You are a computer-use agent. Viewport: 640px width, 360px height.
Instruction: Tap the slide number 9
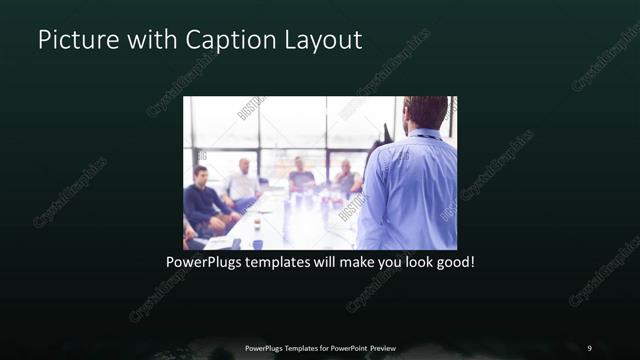[x=589, y=347]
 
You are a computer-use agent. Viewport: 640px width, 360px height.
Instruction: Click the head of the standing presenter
[x=427, y=112]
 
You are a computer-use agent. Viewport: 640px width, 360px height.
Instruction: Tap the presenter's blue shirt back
[x=410, y=190]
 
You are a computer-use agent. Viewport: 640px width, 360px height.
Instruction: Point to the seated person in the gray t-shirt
[x=301, y=178]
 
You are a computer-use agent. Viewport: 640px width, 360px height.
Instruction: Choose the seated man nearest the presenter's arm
[x=346, y=180]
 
